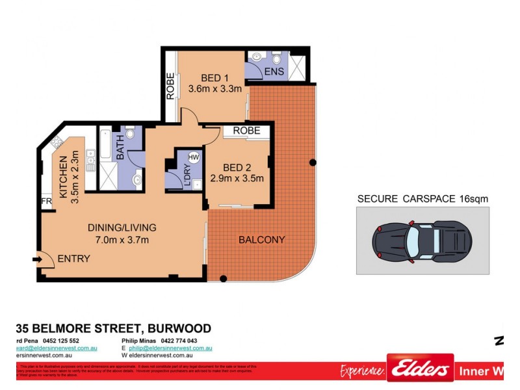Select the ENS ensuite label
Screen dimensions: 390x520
pyautogui.click(x=274, y=71)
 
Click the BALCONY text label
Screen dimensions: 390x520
pyautogui.click(x=261, y=240)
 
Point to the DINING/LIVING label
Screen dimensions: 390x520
pyautogui.click(x=122, y=227)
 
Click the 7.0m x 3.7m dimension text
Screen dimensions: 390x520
pyautogui.click(x=123, y=240)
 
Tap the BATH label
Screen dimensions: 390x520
pyautogui.click(x=121, y=147)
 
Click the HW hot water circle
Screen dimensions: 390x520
pyautogui.click(x=194, y=157)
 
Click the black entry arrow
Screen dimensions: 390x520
pyautogui.click(x=38, y=259)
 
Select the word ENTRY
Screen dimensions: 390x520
pyautogui.click(x=73, y=259)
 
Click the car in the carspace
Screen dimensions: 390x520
pyautogui.click(x=421, y=240)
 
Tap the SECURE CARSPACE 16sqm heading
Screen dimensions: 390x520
pyautogui.click(x=422, y=199)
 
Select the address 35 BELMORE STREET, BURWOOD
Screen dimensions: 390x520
pyautogui.click(x=113, y=329)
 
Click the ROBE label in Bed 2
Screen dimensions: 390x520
pyautogui.click(x=246, y=131)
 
